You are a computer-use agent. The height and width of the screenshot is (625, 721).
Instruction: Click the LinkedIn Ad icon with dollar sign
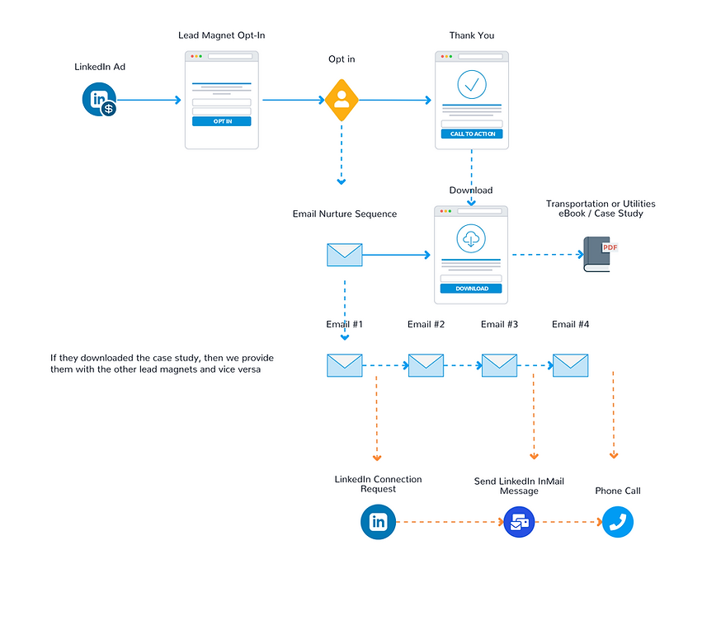[x=100, y=101]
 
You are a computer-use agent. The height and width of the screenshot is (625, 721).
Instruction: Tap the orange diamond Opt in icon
[x=342, y=101]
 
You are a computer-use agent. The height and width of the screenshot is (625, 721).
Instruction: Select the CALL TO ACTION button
[x=471, y=134]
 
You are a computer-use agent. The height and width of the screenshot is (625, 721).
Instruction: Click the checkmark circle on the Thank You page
[x=472, y=84]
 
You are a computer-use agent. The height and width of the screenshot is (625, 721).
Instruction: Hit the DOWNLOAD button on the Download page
[x=471, y=289]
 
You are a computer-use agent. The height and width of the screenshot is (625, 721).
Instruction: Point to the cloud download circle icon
[x=471, y=239]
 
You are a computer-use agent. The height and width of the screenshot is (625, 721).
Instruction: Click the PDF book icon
[x=601, y=254]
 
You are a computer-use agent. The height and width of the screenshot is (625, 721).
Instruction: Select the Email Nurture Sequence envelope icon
[x=345, y=255]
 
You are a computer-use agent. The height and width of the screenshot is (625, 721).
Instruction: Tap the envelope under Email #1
[x=345, y=364]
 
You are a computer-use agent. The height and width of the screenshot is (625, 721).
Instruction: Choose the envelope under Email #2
[x=426, y=364]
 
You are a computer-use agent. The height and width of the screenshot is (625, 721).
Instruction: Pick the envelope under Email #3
[x=499, y=364]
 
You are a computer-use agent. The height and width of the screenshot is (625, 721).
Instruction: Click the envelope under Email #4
[x=570, y=364]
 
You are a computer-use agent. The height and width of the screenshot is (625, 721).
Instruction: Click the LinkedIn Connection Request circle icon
[x=378, y=522]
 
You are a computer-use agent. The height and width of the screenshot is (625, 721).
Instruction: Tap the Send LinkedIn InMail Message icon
[x=519, y=522]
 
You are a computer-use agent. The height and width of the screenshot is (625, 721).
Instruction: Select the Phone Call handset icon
[x=617, y=522]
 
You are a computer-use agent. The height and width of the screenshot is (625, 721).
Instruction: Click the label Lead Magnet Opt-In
[x=221, y=35]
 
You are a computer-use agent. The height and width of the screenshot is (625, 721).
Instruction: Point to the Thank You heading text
[x=472, y=35]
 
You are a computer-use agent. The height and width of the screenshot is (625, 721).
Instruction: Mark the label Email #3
[x=499, y=325]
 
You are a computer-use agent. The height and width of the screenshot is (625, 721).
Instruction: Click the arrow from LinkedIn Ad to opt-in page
[x=148, y=101]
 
